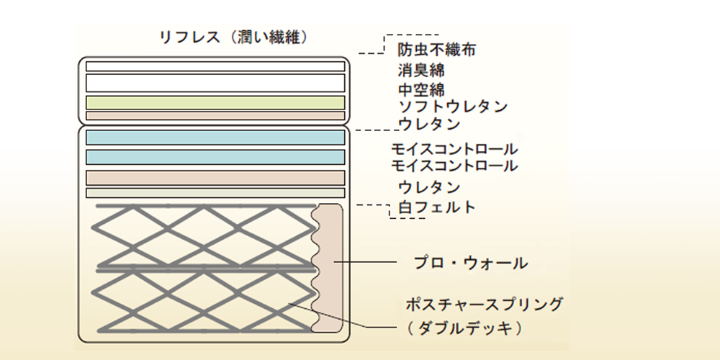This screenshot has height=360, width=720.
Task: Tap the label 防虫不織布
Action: click(436, 50)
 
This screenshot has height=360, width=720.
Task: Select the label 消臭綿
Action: click(420, 71)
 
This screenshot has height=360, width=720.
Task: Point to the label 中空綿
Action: click(420, 89)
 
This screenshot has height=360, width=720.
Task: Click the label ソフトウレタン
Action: click(453, 107)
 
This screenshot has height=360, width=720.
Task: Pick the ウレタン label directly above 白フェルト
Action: click(429, 187)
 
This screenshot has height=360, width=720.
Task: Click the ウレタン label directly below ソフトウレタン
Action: click(429, 124)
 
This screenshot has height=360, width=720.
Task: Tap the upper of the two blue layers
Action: click(215, 137)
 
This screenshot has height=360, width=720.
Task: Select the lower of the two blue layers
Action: click(215, 157)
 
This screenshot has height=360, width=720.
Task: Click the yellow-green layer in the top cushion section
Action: click(215, 102)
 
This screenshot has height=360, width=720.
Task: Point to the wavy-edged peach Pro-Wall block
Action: click(330, 268)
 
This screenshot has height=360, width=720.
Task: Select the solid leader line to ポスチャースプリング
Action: click(360, 324)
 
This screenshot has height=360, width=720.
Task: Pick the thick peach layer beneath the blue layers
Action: click(215, 177)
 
